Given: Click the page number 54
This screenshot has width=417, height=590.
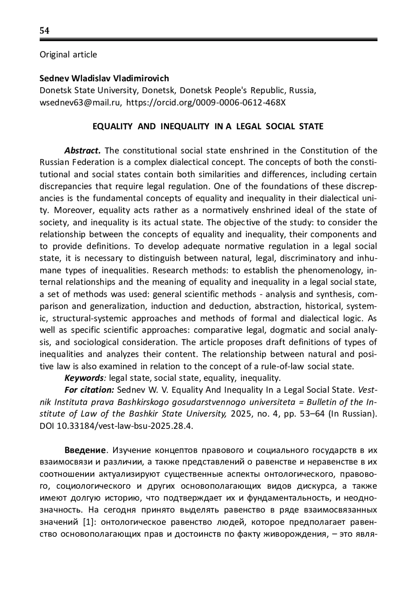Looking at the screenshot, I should coord(44,31).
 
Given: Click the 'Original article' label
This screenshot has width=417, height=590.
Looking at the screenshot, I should coord(68,55).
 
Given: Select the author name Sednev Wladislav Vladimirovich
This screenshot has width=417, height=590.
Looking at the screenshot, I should coord(104,78).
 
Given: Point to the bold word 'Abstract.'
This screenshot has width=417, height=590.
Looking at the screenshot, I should coord(82,150).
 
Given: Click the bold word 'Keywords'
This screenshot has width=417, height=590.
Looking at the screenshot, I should coord(84,378).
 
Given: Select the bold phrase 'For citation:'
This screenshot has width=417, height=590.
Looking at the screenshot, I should coord(89,390).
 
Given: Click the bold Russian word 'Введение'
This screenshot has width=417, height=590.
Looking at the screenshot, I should coord(85,450).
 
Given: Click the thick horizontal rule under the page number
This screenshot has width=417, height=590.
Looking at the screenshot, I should coord(208,40).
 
